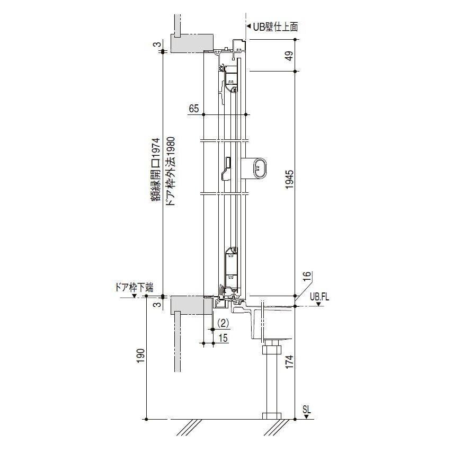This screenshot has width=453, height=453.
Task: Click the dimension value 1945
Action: (x=290, y=180)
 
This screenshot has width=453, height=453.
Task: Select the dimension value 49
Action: (x=289, y=55)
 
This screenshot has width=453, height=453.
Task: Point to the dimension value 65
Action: (x=194, y=109)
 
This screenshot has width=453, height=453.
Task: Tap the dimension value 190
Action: (x=140, y=356)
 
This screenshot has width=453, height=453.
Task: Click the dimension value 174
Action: (x=289, y=362)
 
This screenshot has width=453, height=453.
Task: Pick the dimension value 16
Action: (x=307, y=277)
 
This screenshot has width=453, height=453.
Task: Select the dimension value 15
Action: (x=223, y=337)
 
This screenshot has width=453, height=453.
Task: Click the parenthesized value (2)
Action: (x=223, y=323)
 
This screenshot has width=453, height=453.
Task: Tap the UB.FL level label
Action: (x=319, y=297)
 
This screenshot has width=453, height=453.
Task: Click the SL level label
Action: (x=307, y=410)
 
